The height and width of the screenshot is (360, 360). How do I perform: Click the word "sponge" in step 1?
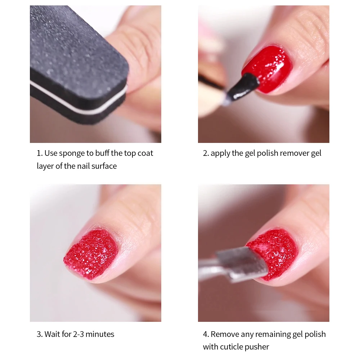coord(71,153)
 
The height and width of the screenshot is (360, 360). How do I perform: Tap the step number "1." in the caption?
coord(40,153)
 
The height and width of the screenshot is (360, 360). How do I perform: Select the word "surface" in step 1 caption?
coord(104,166)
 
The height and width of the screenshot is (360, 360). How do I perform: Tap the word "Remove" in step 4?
coord(223,334)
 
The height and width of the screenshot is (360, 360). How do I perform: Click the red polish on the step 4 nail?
coord(275,252)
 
